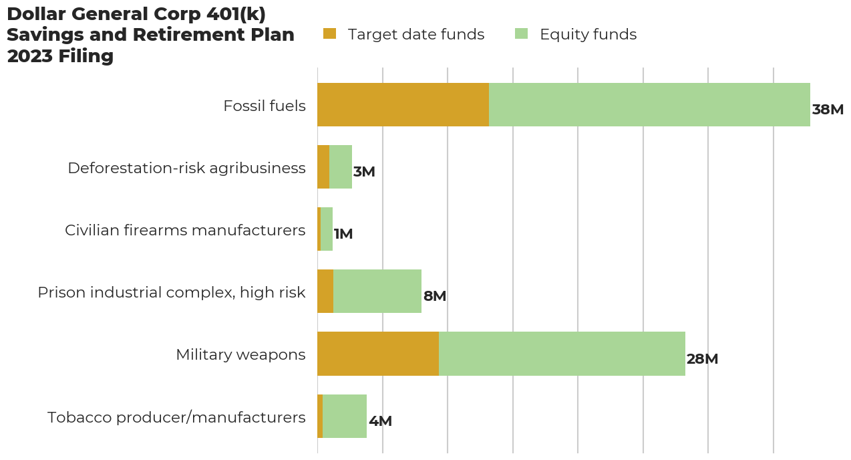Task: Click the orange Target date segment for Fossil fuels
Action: tap(403, 105)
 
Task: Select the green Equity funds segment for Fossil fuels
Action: tap(649, 105)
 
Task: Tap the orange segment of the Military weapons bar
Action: tap(378, 354)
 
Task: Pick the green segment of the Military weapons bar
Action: tap(562, 354)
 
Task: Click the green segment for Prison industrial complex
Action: tap(377, 292)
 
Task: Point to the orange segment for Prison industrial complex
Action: tap(325, 292)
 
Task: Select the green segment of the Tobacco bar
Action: tap(345, 416)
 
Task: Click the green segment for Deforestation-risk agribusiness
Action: tap(341, 167)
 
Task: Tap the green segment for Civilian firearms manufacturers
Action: tap(327, 229)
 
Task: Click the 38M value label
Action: tap(828, 110)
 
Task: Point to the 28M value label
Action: tap(702, 359)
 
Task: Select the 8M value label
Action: tap(434, 296)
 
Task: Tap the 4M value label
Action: tap(380, 421)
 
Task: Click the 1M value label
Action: tap(343, 234)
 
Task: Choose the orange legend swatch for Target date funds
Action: tap(330, 33)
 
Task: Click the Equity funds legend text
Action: tap(588, 34)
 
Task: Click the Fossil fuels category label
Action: tap(264, 106)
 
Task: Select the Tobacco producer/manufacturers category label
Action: tap(176, 417)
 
